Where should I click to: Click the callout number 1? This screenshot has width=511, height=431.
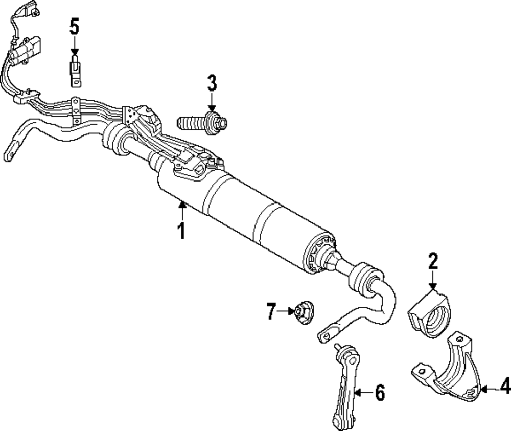coord(181,231)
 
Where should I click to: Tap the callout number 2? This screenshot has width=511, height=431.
coord(433,262)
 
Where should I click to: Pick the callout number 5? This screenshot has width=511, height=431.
coord(75,27)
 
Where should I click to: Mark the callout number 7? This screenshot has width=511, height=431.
coord(271,311)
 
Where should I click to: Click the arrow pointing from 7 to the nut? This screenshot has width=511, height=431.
coord(285,310)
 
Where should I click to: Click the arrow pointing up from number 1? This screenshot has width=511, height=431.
coord(181,210)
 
